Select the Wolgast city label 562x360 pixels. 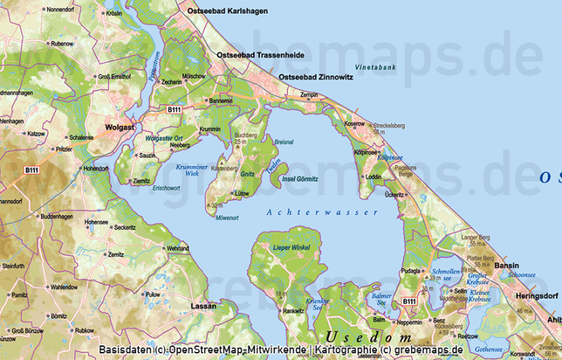(x=120, y=127)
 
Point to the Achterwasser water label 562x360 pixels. (x=323, y=212)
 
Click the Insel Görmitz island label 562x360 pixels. (x=301, y=179)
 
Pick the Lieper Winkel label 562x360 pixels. (x=291, y=248)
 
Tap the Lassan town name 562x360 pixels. (x=203, y=305)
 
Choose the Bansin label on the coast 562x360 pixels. (x=506, y=266)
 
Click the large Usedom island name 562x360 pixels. (x=369, y=337)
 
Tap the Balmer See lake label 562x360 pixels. (x=381, y=299)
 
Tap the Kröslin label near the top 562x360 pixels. (x=114, y=13)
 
